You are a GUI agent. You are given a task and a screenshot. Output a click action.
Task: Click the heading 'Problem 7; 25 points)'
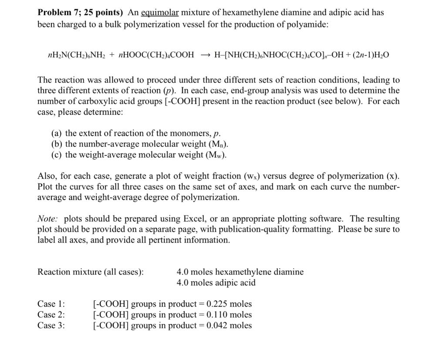(x=81, y=13)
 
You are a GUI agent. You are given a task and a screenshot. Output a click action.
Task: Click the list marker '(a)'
(x=57, y=134)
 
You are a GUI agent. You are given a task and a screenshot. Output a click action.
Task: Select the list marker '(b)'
(x=57, y=144)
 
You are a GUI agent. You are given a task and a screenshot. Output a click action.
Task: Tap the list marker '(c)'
(x=57, y=155)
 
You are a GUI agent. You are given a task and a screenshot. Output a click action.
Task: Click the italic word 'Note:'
(x=48, y=219)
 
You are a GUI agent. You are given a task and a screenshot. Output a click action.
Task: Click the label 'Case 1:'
(x=51, y=304)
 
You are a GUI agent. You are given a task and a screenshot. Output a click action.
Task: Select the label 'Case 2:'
(x=51, y=315)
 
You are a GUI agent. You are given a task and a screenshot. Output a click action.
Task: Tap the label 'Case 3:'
(x=51, y=325)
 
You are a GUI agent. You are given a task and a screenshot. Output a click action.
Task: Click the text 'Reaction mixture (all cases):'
(x=91, y=272)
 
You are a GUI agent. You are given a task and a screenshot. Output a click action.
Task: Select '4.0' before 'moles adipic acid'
(x=183, y=283)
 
